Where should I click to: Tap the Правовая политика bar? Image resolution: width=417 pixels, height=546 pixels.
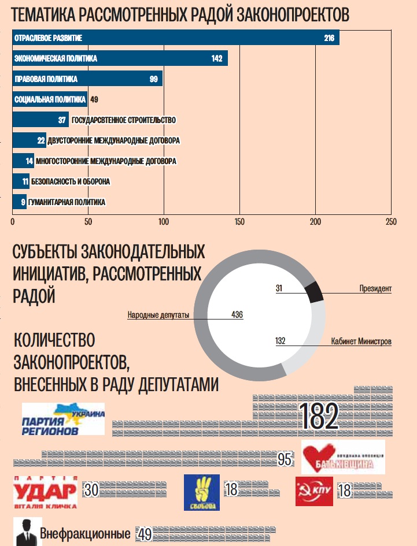[x=87, y=79]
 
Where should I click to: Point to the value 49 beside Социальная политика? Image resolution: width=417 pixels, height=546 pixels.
[x=94, y=99]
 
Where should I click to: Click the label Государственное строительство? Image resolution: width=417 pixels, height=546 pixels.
[x=124, y=120]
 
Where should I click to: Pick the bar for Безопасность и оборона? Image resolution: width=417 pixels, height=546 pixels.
[x=20, y=181]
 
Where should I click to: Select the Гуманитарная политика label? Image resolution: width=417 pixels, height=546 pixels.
[x=67, y=202]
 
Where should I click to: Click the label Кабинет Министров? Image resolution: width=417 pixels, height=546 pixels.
[x=361, y=341]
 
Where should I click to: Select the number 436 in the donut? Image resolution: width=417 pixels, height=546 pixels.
[x=237, y=315]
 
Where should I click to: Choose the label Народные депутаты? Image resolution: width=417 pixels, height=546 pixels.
[x=158, y=315]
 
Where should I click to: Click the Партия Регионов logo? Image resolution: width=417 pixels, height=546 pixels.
[x=63, y=419]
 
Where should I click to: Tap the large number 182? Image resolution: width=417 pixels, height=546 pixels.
[x=318, y=416]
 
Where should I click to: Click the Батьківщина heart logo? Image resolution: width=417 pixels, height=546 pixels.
[x=343, y=456]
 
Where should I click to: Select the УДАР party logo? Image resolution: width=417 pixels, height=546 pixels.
[x=45, y=492]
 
